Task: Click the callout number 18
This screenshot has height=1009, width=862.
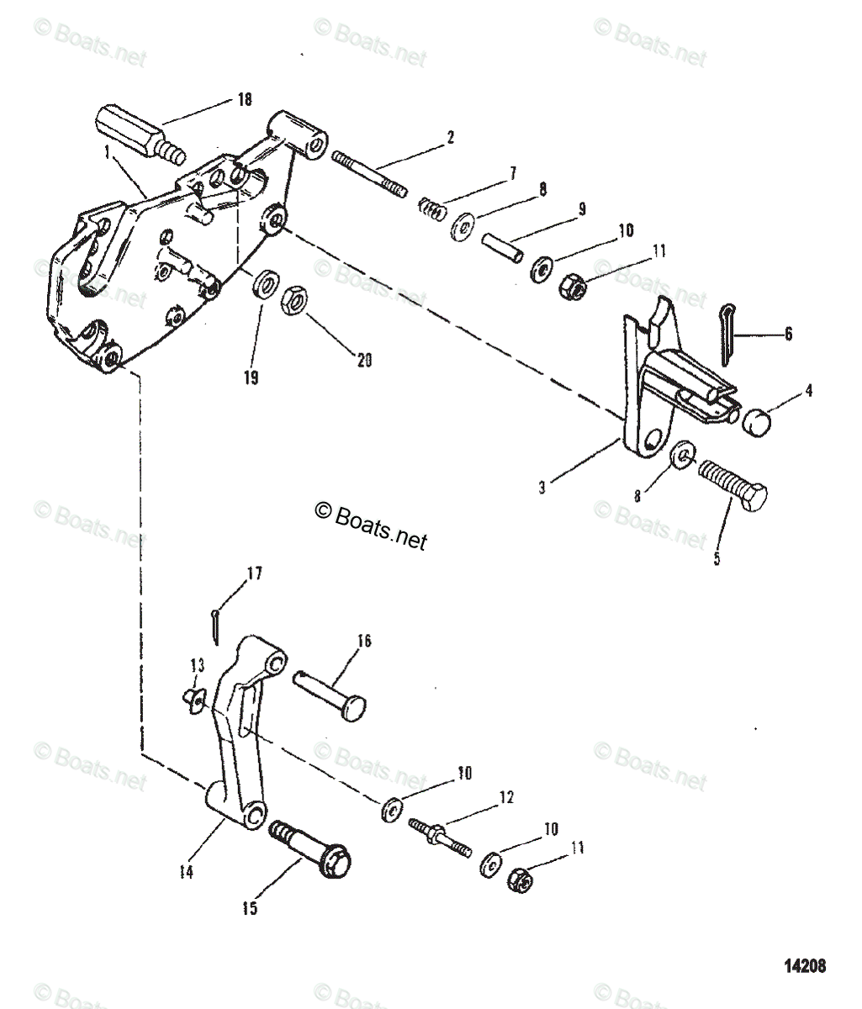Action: pyautogui.click(x=245, y=100)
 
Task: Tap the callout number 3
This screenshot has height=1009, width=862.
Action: pyautogui.click(x=542, y=487)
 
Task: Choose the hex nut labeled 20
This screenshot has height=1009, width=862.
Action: pyautogui.click(x=294, y=298)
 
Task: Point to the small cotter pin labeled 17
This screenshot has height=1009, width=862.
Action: pyautogui.click(x=215, y=622)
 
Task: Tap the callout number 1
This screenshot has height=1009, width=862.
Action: pyautogui.click(x=107, y=153)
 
